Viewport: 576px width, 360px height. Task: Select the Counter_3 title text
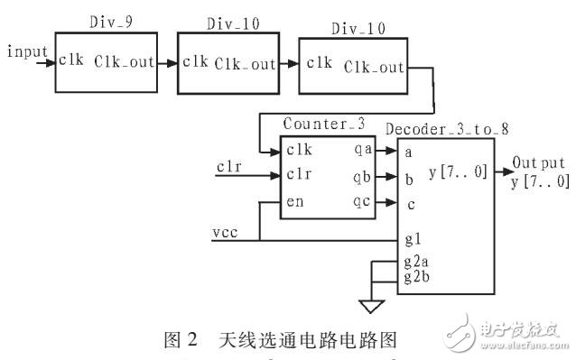pyautogui.click(x=315, y=124)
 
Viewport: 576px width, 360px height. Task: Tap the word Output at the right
pyautogui.click(x=539, y=164)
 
